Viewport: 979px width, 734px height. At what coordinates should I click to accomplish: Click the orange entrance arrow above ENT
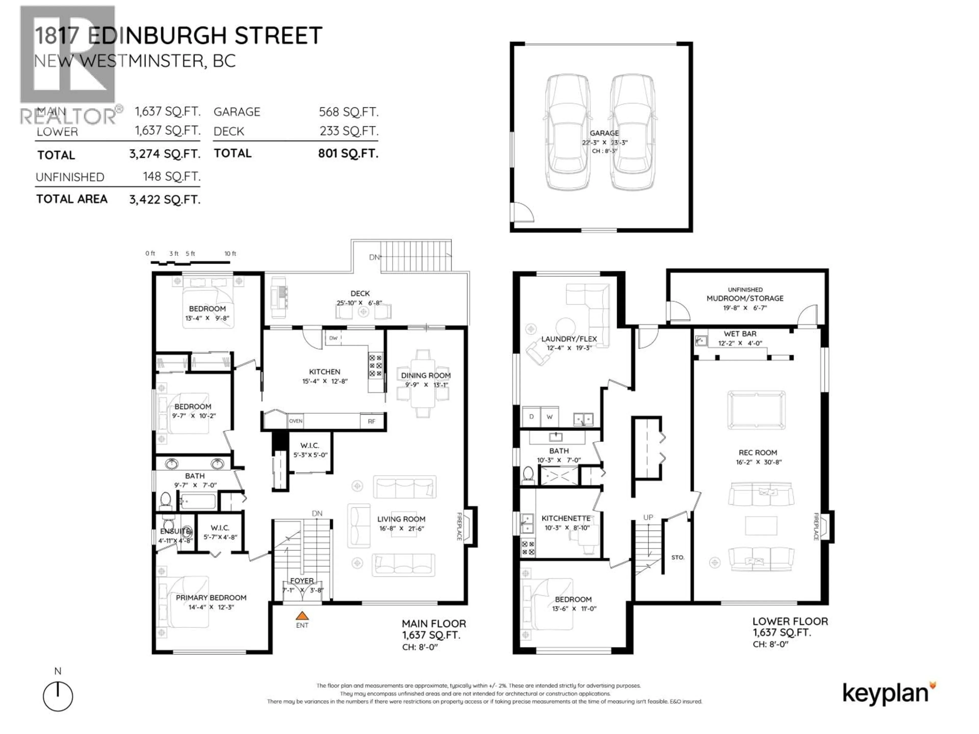[302, 615]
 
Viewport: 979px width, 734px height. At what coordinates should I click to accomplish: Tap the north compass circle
[58, 696]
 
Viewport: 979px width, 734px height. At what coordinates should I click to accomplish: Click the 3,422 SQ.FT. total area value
[165, 200]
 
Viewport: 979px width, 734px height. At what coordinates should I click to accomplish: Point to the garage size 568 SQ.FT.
[348, 112]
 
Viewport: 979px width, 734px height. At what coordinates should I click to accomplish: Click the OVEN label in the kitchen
[296, 421]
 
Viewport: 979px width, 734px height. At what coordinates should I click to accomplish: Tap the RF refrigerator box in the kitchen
[371, 421]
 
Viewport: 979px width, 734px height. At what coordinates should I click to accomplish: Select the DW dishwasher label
[333, 338]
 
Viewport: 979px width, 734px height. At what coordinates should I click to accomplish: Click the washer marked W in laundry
[549, 417]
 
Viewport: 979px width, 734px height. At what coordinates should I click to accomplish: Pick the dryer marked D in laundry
[531, 417]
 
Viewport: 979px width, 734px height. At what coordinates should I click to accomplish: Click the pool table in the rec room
[756, 410]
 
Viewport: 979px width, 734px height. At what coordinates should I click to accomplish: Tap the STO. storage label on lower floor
[678, 557]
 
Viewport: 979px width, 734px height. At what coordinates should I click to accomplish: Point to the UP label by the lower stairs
[648, 517]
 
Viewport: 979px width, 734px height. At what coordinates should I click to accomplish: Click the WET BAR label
[740, 334]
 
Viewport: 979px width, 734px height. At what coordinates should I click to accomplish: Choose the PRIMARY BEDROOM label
[211, 598]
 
